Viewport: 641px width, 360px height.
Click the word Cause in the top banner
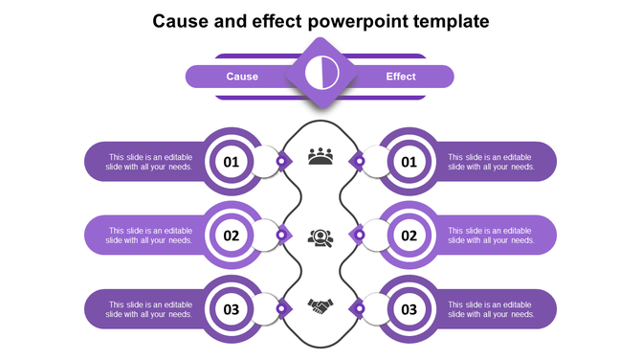pyautogui.click(x=242, y=77)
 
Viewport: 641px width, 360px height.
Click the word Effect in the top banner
pyautogui.click(x=401, y=77)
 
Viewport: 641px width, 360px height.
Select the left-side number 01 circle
pyautogui.click(x=232, y=162)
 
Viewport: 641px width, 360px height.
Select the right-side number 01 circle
pyautogui.click(x=409, y=162)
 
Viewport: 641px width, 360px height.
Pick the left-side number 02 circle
pyautogui.click(x=232, y=236)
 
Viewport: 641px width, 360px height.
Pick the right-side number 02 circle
pyautogui.click(x=409, y=236)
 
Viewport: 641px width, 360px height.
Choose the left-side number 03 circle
pyautogui.click(x=232, y=309)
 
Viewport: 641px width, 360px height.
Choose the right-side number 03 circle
pyautogui.click(x=409, y=309)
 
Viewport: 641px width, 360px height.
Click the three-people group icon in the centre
pyautogui.click(x=320, y=156)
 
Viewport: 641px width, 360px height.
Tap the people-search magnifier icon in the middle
pyautogui.click(x=320, y=236)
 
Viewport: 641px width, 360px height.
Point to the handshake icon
pyautogui.click(x=320, y=307)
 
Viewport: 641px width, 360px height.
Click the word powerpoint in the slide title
pyautogui.click(x=371, y=20)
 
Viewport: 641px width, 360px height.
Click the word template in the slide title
pyautogui.click(x=453, y=20)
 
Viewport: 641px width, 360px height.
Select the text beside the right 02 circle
pyautogui.click(x=491, y=236)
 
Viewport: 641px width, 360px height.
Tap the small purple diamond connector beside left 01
pyautogui.click(x=281, y=161)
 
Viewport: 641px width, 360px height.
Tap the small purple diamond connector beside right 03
pyautogui.click(x=360, y=308)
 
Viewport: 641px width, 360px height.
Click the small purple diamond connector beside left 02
pyautogui.click(x=281, y=235)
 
